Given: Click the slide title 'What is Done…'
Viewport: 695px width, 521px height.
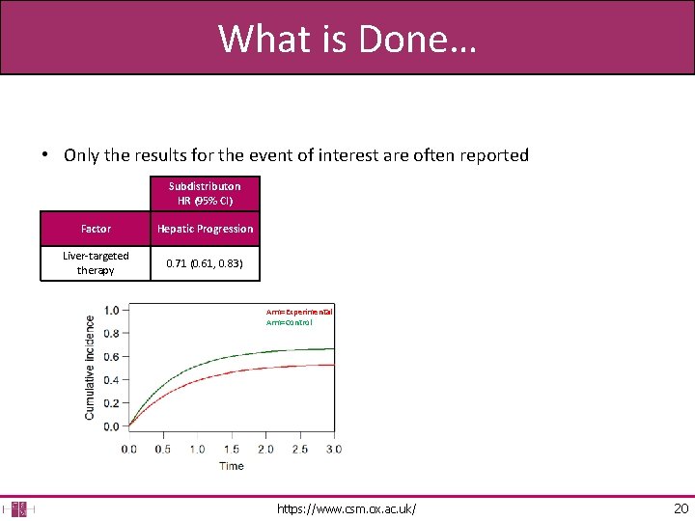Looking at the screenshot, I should (x=347, y=39).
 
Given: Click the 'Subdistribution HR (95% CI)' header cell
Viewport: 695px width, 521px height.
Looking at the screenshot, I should (x=205, y=193).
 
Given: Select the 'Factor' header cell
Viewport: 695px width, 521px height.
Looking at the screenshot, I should (x=96, y=229).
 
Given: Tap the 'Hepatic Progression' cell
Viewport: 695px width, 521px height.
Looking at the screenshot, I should (x=205, y=229).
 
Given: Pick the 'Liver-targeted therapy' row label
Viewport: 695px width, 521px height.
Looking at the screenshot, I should (x=96, y=263).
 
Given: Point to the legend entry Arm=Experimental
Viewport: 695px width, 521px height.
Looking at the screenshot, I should (x=299, y=313).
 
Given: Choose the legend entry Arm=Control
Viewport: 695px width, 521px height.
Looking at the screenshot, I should (x=290, y=323).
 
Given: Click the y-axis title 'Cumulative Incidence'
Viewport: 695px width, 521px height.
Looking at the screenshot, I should (x=90, y=367).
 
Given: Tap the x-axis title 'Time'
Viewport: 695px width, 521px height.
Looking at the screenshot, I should (x=231, y=466).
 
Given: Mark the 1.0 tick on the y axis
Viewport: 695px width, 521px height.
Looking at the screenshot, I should (x=111, y=311).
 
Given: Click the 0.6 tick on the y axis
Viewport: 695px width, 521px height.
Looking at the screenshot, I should (x=111, y=357).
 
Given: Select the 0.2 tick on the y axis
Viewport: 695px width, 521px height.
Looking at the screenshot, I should (x=111, y=403).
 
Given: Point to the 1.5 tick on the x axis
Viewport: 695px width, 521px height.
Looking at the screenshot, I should (x=232, y=449).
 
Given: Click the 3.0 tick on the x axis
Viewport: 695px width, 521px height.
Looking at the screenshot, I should (x=333, y=449).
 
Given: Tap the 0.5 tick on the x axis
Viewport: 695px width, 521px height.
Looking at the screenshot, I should (x=163, y=449).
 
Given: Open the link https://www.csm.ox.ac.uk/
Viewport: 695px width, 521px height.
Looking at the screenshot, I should (x=347, y=508).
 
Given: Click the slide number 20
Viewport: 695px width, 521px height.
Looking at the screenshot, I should (x=681, y=508).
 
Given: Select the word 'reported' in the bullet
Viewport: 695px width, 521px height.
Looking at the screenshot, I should (x=493, y=155).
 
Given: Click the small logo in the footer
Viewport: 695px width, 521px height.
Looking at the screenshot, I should (x=19, y=508).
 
